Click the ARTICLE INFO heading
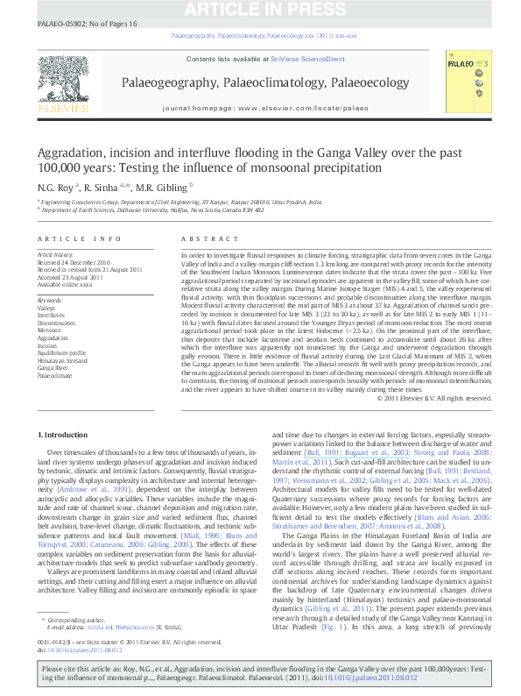point(80,239)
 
